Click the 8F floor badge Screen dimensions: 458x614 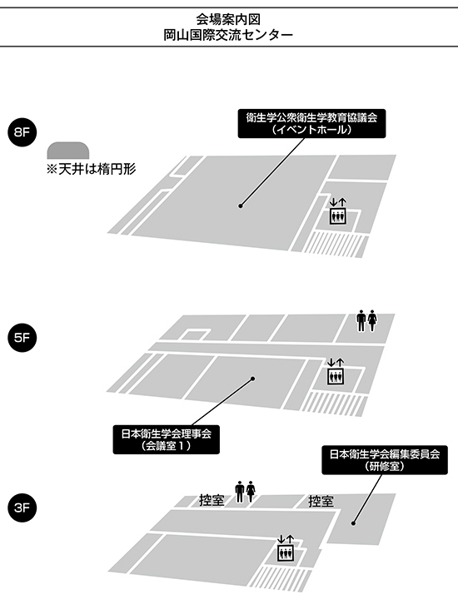[22, 132]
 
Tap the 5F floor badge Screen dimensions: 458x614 [22, 338]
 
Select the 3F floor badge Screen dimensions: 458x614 [22, 508]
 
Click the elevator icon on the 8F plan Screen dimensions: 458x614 [338, 211]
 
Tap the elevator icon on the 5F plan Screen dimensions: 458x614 [336, 371]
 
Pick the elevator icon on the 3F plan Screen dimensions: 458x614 [286, 548]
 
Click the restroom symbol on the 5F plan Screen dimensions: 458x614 [366, 321]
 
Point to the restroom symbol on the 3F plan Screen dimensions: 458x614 [246, 492]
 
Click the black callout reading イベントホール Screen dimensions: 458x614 [312, 123]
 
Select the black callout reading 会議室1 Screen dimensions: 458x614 [166, 440]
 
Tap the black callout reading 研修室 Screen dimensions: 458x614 [385, 460]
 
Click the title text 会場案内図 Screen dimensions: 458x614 [228, 19]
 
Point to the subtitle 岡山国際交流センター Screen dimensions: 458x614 [228, 35]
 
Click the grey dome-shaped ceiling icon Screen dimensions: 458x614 [68, 151]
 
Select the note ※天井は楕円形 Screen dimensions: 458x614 [91, 169]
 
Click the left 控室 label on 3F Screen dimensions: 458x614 [212, 500]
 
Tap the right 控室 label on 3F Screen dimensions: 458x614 [321, 501]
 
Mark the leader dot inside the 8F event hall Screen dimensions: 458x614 [241, 205]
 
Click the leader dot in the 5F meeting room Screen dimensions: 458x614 [252, 379]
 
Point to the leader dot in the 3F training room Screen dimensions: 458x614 [353, 523]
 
